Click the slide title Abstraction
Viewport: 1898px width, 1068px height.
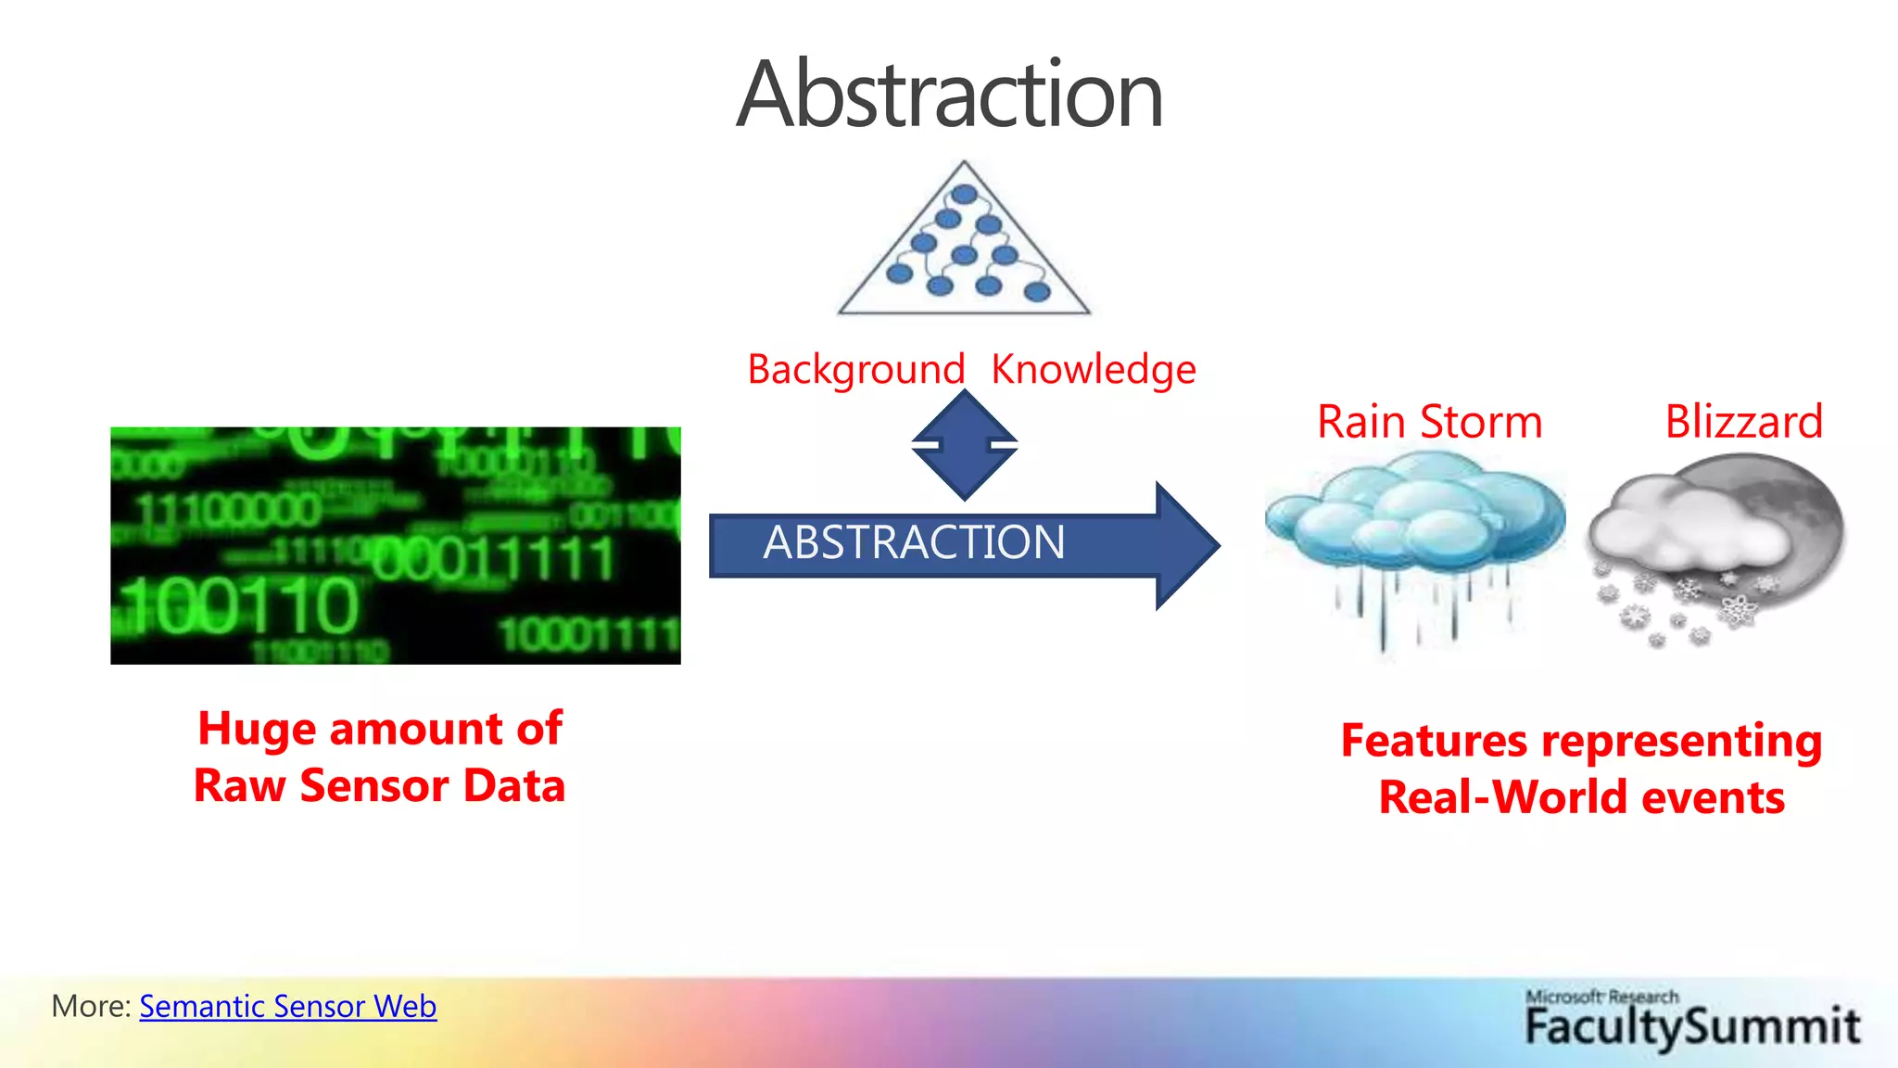(949, 95)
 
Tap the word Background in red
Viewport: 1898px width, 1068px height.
(855, 369)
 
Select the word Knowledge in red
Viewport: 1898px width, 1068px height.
(1094, 369)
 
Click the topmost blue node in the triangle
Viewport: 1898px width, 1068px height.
(964, 195)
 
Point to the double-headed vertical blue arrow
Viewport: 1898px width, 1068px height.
(964, 445)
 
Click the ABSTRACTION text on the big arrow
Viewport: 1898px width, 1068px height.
(914, 542)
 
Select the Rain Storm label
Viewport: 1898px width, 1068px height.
(1429, 422)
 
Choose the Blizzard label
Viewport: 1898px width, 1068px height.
(1743, 422)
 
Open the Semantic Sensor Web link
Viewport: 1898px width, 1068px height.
(287, 1007)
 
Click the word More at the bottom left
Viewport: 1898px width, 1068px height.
(89, 1007)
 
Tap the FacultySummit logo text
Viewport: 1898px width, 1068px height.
(1692, 1027)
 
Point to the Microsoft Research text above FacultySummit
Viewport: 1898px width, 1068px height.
(1601, 997)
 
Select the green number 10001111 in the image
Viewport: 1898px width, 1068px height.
(589, 636)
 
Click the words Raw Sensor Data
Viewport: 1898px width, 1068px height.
(379, 786)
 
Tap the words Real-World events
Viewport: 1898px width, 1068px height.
(1581, 797)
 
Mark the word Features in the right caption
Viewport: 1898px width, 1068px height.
(1434, 741)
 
